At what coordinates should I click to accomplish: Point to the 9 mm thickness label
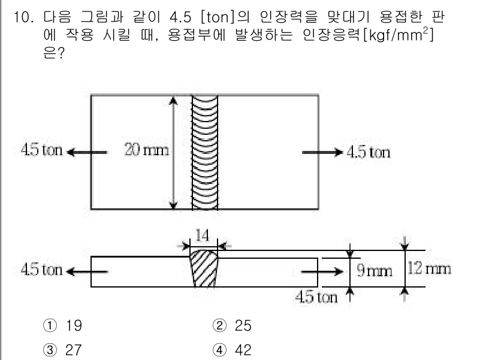point(375,271)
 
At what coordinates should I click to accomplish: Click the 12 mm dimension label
point(428,268)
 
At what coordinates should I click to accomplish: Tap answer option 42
point(243,349)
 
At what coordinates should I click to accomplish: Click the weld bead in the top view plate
point(204,152)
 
